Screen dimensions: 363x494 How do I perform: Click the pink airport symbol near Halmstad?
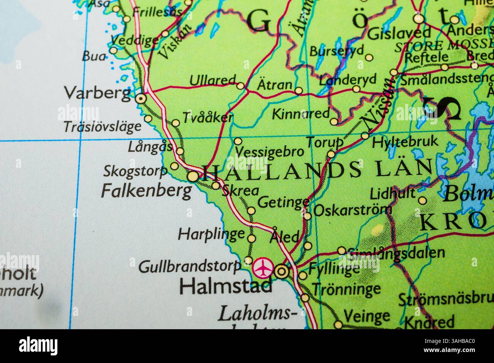tap(262, 268)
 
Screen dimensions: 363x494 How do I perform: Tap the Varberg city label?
tap(97, 93)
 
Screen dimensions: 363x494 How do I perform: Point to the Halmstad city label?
tap(226, 287)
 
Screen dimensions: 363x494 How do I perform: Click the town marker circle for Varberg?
tap(141, 99)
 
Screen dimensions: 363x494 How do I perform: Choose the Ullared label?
tap(212, 81)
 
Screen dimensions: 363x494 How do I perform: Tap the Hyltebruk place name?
tap(405, 142)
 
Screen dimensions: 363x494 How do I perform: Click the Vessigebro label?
tap(269, 152)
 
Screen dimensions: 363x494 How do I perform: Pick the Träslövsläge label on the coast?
tap(102, 127)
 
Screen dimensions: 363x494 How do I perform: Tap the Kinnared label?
tap(301, 114)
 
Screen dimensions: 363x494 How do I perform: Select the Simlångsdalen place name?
tap(396, 253)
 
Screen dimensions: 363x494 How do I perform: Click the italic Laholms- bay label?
tap(258, 314)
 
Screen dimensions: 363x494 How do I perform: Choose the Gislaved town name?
tap(399, 34)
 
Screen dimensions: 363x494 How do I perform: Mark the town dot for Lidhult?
tap(422, 200)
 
